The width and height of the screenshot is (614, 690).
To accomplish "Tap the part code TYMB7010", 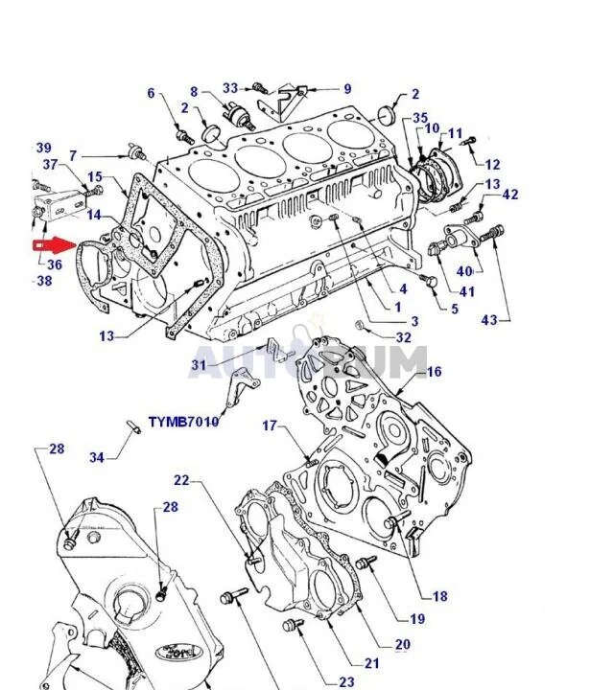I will [183, 422].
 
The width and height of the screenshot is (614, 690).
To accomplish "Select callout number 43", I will [489, 320].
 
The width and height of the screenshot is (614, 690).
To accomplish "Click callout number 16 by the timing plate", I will [434, 372].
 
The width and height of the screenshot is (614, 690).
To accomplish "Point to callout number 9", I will [346, 90].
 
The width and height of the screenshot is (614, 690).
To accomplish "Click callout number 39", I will [44, 148].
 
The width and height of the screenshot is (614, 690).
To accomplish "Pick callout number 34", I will [97, 458].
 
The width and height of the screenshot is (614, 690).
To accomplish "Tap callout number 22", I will [182, 481].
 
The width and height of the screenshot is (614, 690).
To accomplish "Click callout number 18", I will [439, 597].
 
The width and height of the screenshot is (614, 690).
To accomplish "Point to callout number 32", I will [403, 337].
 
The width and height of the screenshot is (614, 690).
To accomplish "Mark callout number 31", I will [199, 364].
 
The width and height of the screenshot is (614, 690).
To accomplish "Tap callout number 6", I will [151, 93].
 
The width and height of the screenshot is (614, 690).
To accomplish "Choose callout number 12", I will [492, 165].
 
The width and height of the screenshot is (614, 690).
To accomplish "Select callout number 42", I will [510, 195].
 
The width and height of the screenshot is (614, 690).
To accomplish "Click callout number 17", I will [270, 425].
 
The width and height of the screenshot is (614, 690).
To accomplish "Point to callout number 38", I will [44, 281].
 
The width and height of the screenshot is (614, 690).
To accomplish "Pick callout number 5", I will [455, 309].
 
